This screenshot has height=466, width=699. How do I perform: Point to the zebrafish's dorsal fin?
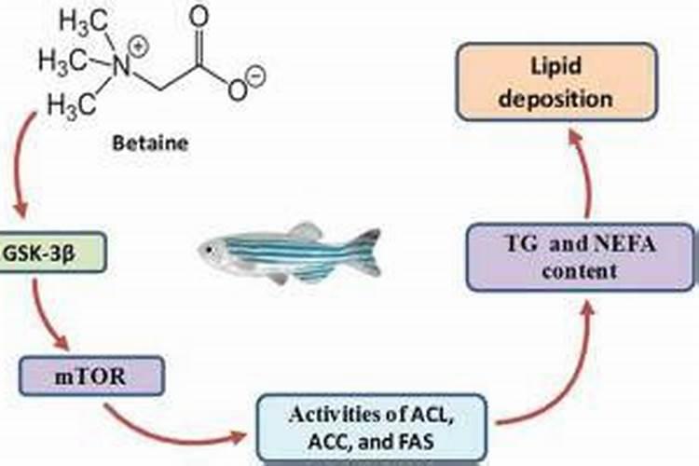[x=304, y=230]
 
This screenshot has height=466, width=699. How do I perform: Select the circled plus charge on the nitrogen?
[x=138, y=45]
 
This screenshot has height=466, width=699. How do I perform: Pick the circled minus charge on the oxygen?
[x=257, y=72]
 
